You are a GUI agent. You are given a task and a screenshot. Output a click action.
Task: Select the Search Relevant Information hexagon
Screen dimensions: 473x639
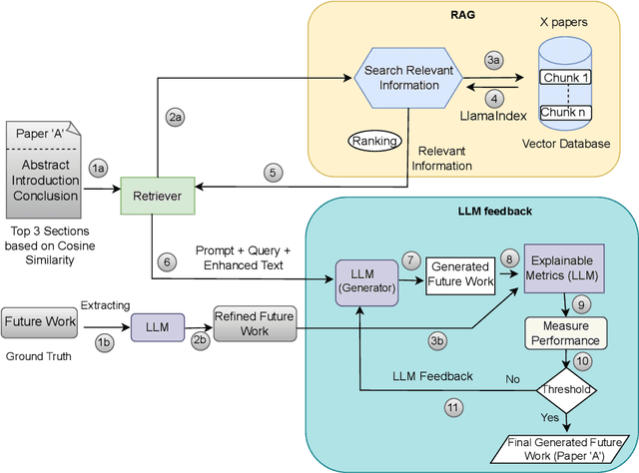(412, 77)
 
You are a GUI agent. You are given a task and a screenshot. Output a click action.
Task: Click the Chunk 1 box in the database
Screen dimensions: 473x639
(565, 78)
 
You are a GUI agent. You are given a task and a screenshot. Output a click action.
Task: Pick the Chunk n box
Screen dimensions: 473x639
(565, 114)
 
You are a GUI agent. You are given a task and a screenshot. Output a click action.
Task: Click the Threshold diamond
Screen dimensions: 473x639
(565, 389)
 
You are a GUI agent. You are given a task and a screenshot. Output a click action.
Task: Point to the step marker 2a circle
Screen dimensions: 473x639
(176, 116)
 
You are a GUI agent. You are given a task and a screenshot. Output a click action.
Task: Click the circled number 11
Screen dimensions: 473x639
(454, 406)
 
